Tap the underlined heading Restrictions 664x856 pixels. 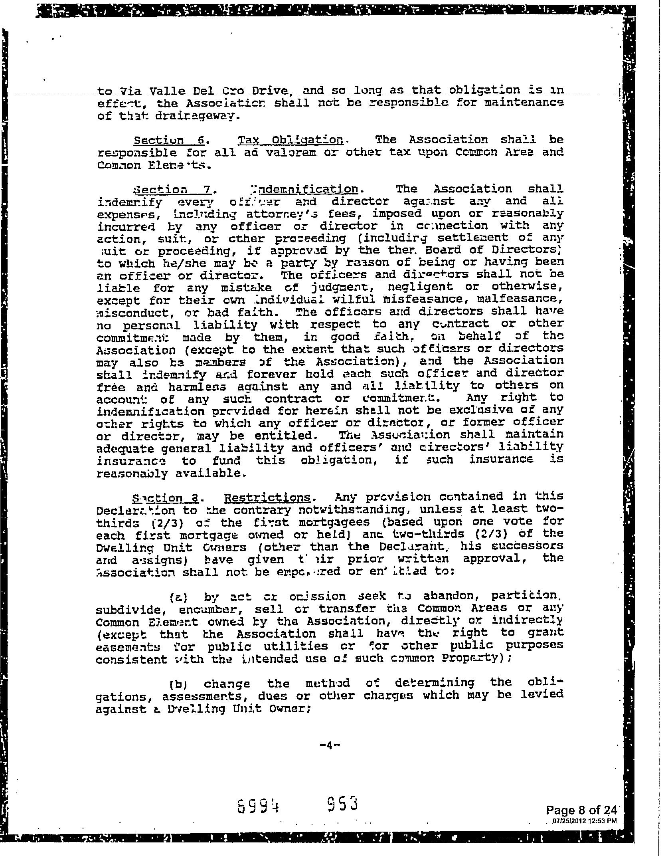[x=267, y=497]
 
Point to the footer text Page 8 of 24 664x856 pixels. [x=581, y=810]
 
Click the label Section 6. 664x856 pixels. [x=169, y=140]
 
